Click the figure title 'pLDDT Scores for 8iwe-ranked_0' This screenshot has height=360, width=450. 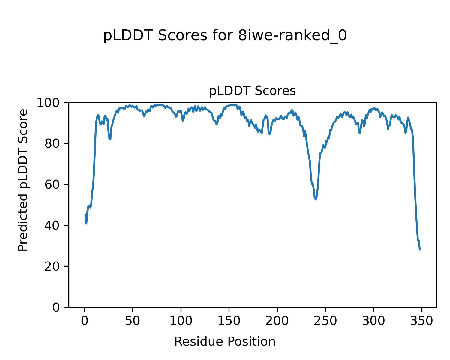coord(225,36)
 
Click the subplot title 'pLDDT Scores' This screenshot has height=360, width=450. coord(252,91)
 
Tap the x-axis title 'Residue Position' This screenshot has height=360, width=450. coord(225,341)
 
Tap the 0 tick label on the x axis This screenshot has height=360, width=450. coord(85,321)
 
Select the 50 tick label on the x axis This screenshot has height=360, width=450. coord(133,321)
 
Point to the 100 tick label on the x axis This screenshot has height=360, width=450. coord(181,321)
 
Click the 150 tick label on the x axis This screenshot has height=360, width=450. coord(229,321)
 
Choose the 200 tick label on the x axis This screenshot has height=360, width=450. coord(277,321)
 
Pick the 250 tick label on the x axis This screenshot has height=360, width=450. coord(325,321)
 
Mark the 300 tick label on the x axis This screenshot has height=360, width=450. coord(373,321)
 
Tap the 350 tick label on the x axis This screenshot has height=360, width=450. coord(421,321)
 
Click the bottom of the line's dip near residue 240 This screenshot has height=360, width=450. coord(316,199)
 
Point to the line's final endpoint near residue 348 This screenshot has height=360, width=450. coord(420,250)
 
